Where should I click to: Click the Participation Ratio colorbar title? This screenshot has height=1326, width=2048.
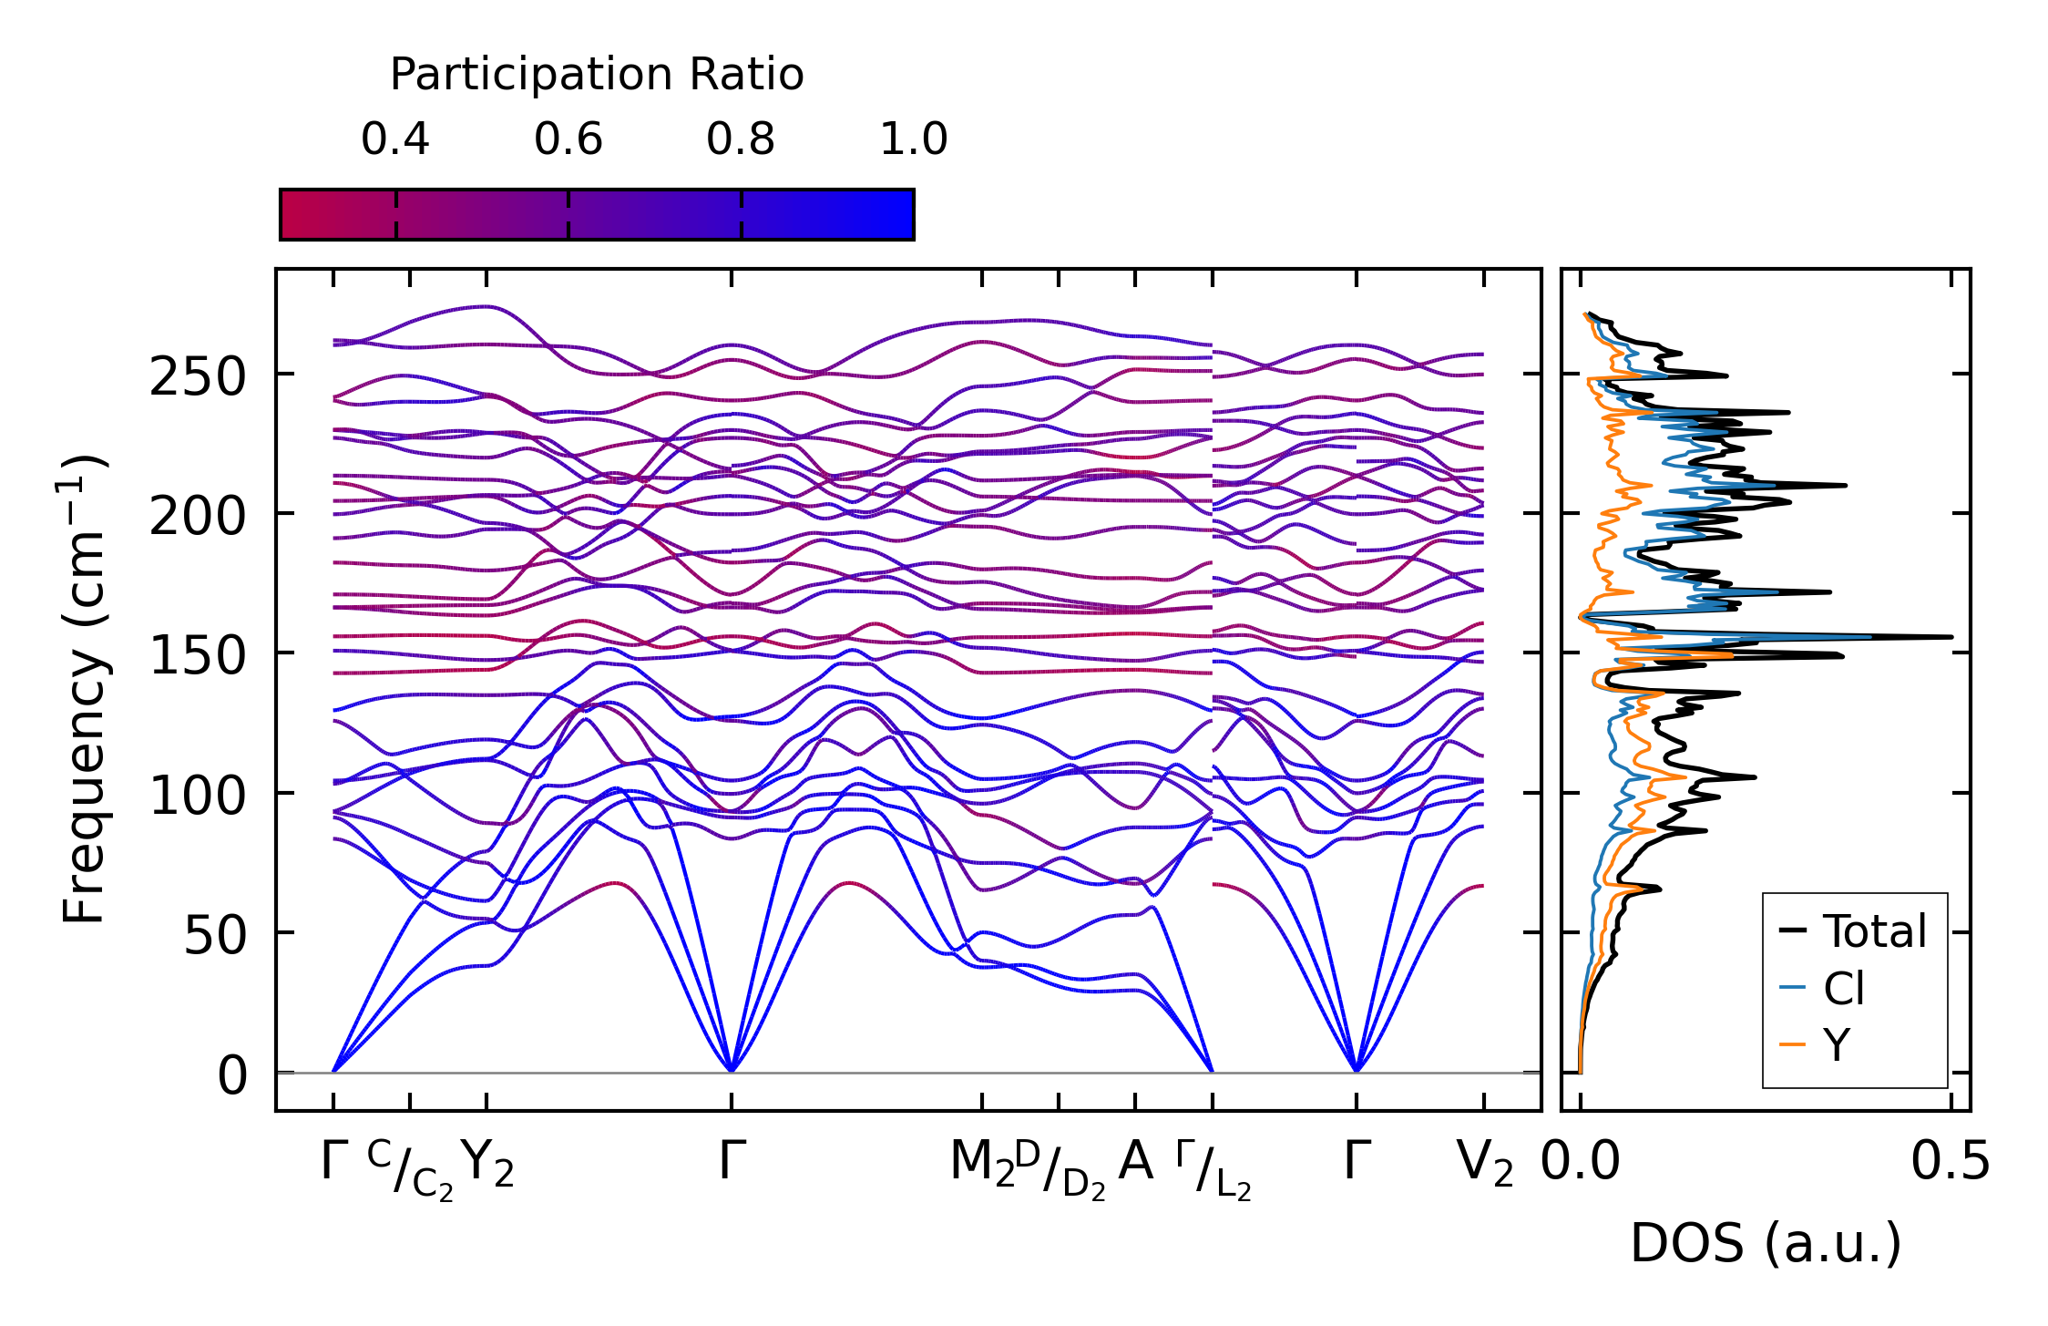(597, 75)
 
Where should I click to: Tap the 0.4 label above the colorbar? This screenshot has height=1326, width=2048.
(394, 139)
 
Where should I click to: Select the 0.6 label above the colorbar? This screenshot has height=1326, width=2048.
(568, 139)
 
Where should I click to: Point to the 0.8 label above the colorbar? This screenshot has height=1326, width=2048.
(740, 139)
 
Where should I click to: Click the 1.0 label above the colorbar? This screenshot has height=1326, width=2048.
(913, 139)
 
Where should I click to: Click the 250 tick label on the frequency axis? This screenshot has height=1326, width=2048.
(198, 376)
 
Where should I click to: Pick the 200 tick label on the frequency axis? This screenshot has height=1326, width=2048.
(198, 517)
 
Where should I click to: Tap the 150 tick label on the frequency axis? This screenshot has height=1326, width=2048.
(198, 656)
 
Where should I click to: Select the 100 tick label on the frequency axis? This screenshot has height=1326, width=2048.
(198, 796)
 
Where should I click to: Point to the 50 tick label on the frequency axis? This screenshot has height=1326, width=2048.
(215, 935)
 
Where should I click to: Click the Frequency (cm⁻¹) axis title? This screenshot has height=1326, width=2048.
(84, 690)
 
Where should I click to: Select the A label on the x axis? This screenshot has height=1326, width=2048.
(1135, 1162)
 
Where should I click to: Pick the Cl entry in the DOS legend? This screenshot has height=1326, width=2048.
(1843, 988)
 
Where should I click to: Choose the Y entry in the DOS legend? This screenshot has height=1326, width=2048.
(1837, 1044)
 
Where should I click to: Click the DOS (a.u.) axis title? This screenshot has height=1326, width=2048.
(1766, 1244)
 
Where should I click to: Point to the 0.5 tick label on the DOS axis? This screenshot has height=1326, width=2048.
(1950, 1163)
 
